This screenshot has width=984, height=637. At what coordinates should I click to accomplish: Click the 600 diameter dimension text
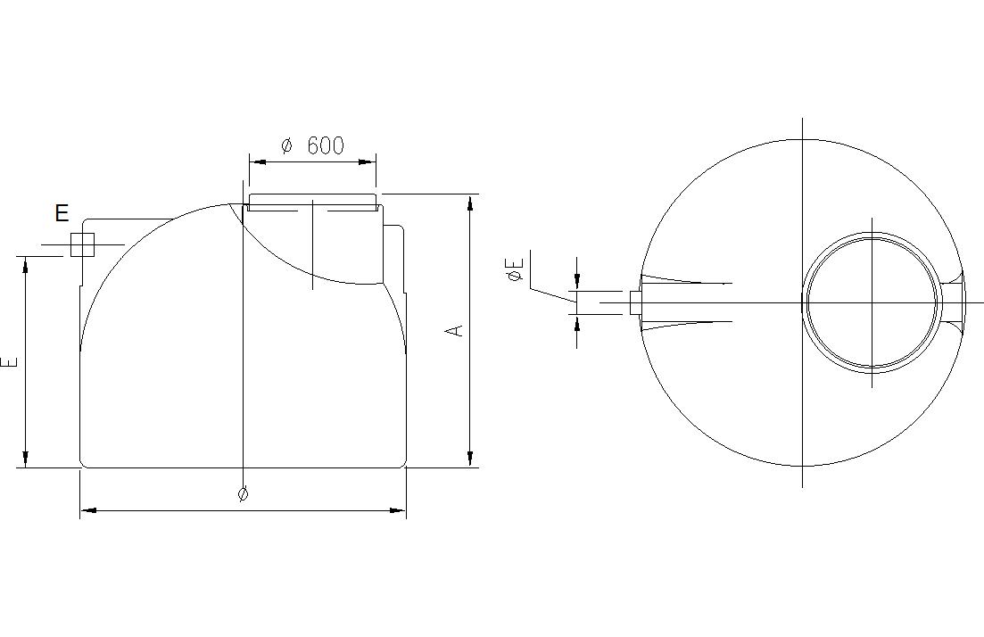[312, 145]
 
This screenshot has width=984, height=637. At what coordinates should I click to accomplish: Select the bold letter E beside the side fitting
[62, 213]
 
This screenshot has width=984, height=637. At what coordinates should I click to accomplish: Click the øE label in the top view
[516, 268]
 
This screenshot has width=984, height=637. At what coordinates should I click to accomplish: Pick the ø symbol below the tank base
[244, 494]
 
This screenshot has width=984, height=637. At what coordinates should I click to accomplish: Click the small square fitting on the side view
[82, 244]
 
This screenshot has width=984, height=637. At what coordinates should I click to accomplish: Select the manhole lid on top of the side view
[312, 202]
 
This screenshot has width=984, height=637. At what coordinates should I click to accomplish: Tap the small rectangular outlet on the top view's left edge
[635, 302]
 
